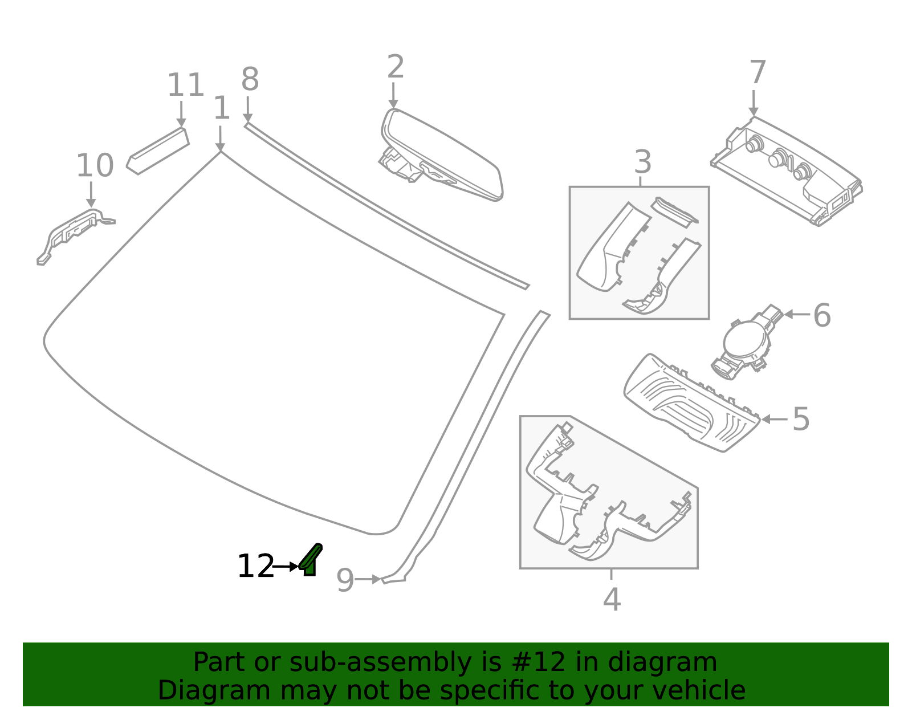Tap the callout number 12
click(255, 567)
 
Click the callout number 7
click(757, 74)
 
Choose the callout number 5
click(801, 420)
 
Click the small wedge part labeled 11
click(158, 151)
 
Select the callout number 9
click(345, 581)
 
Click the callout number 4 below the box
click(612, 600)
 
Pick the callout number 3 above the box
click(642, 162)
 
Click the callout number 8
click(250, 80)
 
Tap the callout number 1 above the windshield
click(221, 108)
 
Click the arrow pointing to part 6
click(796, 314)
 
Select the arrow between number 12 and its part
click(286, 567)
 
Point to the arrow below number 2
click(393, 95)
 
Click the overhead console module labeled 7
click(787, 171)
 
